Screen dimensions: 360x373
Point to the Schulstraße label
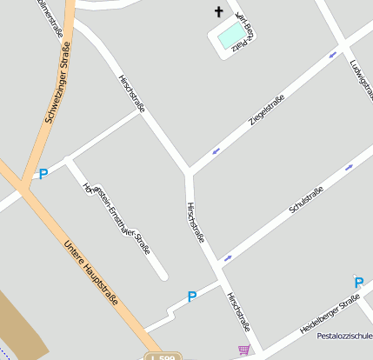(306, 200)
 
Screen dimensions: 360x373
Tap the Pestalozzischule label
(345, 335)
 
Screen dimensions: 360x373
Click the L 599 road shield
(163, 357)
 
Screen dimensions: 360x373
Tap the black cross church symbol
(218, 12)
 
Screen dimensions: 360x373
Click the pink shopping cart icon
(243, 350)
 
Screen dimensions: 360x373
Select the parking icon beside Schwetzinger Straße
(43, 174)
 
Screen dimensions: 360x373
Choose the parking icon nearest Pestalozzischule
(358, 282)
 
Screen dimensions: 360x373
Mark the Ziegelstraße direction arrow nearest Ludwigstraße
(332, 57)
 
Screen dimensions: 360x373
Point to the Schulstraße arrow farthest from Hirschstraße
(349, 167)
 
